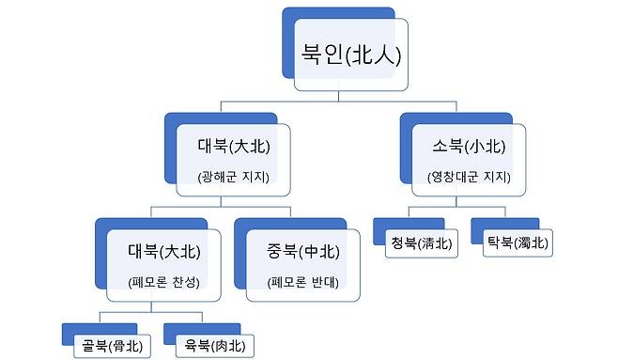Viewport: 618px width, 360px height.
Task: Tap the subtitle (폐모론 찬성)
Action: pos(162,281)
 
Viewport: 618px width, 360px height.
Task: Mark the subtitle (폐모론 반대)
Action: pos(302,281)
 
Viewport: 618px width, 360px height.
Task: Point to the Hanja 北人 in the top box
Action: pos(375,55)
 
